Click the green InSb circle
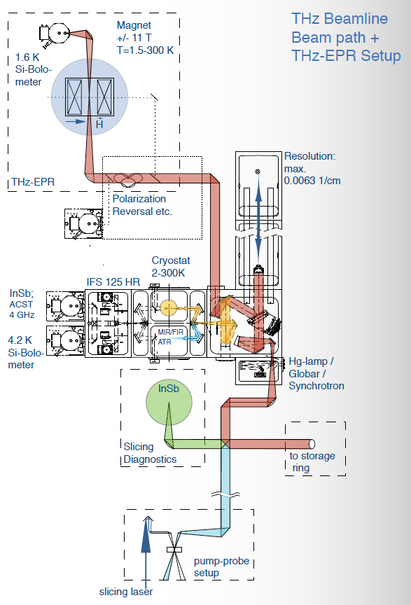click(x=169, y=403)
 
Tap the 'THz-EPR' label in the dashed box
click(x=33, y=182)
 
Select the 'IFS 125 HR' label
click(x=113, y=282)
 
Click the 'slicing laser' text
click(x=126, y=592)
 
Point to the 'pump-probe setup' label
click(x=221, y=566)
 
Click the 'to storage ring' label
click(x=312, y=461)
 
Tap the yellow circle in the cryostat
click(x=169, y=308)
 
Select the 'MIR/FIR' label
click(x=171, y=332)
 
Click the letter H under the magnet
click(x=99, y=123)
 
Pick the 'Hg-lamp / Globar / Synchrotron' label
click(x=316, y=373)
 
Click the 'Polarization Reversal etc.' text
click(x=142, y=205)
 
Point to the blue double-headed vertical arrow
click(x=258, y=219)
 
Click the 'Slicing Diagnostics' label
click(x=150, y=453)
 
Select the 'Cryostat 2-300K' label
click(x=171, y=267)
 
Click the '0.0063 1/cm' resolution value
click(x=312, y=181)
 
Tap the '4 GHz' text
click(x=22, y=315)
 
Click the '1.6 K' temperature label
click(x=27, y=57)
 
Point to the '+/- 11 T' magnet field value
click(x=134, y=38)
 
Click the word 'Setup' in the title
click(x=381, y=56)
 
